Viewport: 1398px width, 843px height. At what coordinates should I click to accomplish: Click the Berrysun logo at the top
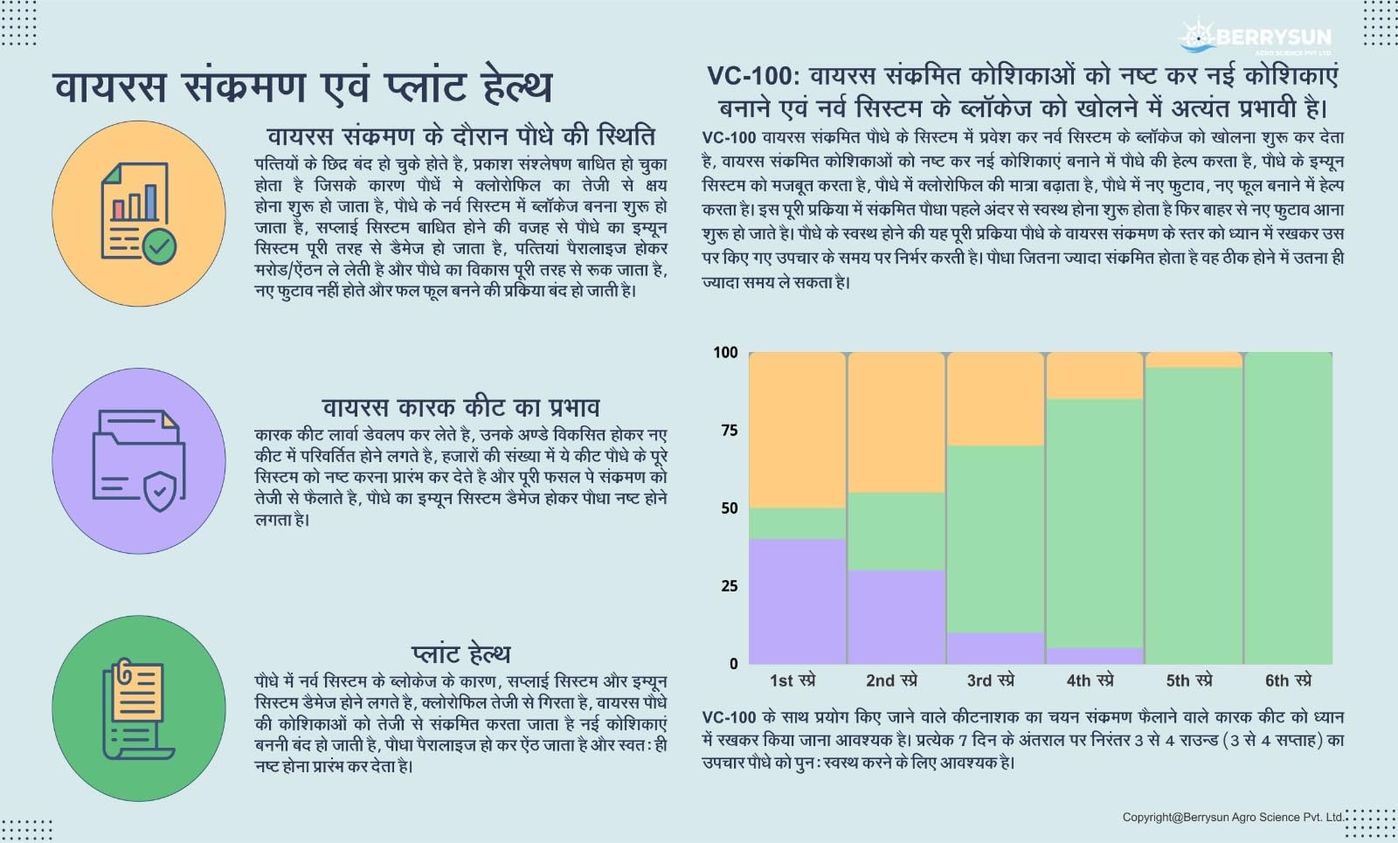point(1255,38)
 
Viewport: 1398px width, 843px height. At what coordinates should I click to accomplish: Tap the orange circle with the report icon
point(139,213)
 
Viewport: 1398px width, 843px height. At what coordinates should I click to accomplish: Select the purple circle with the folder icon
point(139,460)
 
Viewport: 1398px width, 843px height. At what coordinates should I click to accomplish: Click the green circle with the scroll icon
point(139,708)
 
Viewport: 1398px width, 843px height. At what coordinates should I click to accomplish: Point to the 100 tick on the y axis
point(725,352)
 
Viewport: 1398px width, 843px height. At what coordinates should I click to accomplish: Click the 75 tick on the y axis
point(729,430)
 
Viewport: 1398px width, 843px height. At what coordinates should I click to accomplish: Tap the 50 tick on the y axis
point(729,508)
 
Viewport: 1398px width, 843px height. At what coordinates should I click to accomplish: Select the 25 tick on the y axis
point(729,585)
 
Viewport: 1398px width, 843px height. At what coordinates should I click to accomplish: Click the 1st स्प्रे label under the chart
point(792,680)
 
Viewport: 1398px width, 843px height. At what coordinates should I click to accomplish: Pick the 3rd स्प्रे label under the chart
point(990,680)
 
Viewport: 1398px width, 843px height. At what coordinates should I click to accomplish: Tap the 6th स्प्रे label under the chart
point(1288,680)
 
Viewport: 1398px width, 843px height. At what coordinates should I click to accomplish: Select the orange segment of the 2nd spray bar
point(896,422)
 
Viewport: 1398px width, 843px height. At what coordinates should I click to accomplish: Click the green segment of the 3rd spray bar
point(995,538)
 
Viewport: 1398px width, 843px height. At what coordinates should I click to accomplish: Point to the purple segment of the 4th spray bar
point(1094,655)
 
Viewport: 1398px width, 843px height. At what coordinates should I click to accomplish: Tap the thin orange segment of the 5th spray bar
point(1193,360)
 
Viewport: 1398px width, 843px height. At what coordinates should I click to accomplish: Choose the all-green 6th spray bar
point(1288,507)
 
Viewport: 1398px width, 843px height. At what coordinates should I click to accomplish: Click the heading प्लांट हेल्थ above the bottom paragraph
point(460,653)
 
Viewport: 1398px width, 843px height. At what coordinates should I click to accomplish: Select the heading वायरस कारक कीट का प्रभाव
point(460,407)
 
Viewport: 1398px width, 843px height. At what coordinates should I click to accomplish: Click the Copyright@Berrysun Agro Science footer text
point(1233,817)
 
